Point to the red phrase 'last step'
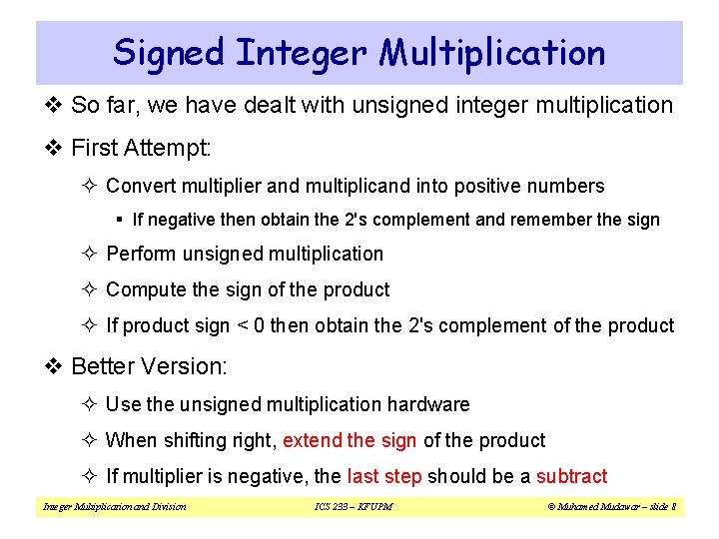tap(384, 476)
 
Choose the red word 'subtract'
tap(571, 476)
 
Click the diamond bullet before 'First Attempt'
tap(56, 149)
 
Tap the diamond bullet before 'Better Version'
tap(56, 367)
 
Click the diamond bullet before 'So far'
tap(56, 105)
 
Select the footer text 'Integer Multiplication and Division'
tap(114, 507)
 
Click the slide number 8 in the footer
tap(674, 507)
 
